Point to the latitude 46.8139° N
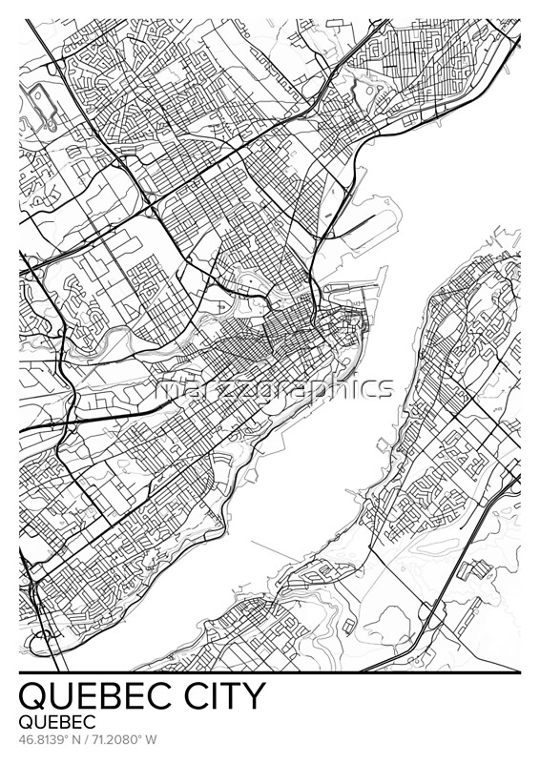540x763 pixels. point(52,739)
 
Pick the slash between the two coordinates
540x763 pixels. point(90,739)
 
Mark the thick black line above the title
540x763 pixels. point(270,672)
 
